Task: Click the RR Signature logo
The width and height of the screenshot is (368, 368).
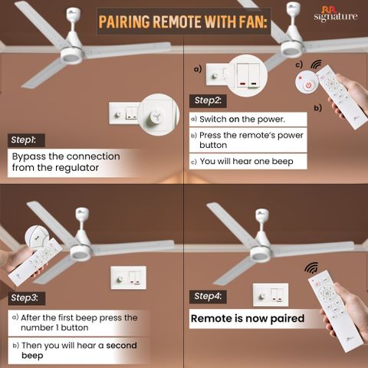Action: (x=336, y=14)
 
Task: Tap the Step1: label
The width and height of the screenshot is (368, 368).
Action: (x=26, y=140)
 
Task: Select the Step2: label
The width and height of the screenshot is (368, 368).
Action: (x=208, y=101)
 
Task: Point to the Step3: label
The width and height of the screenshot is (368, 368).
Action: (x=27, y=298)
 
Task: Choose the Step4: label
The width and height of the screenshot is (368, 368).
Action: (x=208, y=297)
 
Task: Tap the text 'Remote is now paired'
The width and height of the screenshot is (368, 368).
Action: (x=248, y=319)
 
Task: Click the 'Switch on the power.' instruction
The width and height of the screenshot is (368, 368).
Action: (x=242, y=119)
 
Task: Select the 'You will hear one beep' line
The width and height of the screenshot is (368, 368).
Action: (x=246, y=162)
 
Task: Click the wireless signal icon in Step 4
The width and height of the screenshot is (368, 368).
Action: (x=311, y=268)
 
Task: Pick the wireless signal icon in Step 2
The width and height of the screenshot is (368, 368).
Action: (x=317, y=66)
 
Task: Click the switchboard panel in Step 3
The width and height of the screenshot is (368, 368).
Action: (x=129, y=278)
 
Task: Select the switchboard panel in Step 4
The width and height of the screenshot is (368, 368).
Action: (x=271, y=294)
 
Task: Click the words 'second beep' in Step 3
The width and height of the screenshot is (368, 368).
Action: (x=79, y=350)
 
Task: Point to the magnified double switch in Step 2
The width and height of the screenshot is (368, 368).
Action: (x=248, y=76)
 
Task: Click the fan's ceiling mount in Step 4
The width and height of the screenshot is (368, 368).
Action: (x=262, y=216)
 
